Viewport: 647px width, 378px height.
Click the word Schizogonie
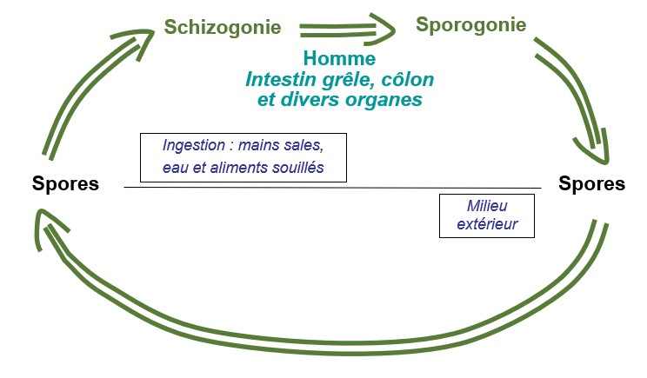coord(223,28)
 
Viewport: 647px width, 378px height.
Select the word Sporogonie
coord(470,24)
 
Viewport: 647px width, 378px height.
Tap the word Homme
coord(339,58)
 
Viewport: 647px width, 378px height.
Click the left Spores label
coord(65,184)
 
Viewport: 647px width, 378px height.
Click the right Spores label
coord(591,184)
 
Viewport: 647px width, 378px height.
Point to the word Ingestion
coord(194,145)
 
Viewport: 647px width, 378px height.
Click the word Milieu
coord(487,206)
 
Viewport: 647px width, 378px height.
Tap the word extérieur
coord(487,224)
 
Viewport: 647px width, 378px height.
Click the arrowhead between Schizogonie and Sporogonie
coord(380,29)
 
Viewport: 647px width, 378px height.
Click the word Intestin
coord(281,80)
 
